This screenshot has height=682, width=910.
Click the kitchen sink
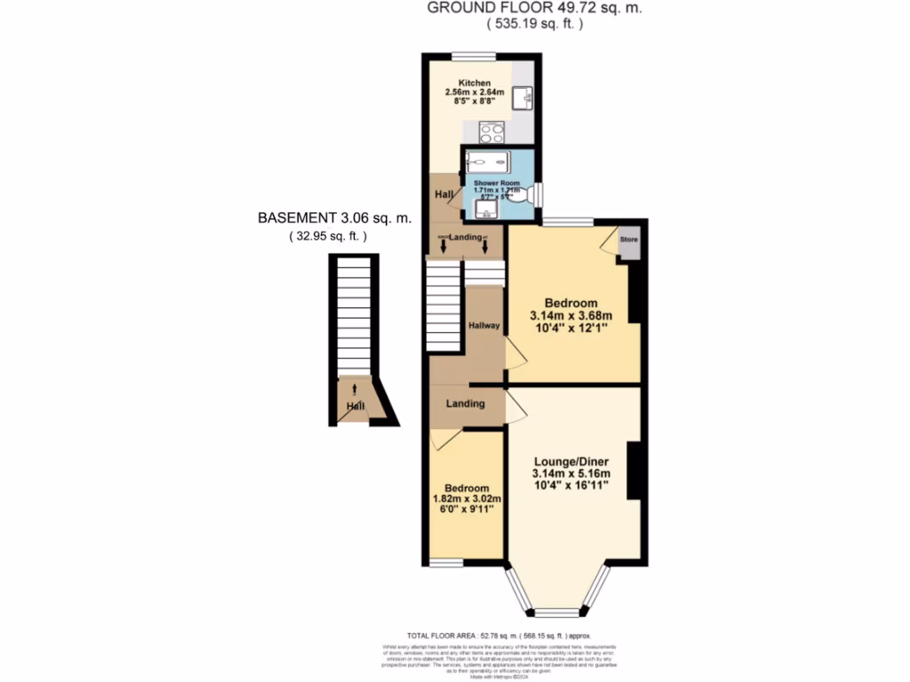(526, 96)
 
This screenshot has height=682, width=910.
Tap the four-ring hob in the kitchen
(491, 132)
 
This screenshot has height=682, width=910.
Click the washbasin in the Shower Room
(485, 210)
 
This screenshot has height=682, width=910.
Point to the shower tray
(488, 162)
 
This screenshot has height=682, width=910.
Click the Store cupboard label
(629, 240)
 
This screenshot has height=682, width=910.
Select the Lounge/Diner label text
(571, 461)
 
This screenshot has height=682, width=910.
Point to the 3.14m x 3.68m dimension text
(571, 316)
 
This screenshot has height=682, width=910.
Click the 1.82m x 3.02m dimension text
(467, 499)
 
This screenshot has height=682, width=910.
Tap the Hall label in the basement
(355, 407)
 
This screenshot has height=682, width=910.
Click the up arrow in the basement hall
(355, 388)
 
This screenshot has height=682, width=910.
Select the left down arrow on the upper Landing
(443, 246)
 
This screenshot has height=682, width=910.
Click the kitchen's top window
(467, 58)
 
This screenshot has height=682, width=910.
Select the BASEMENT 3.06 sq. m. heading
(334, 218)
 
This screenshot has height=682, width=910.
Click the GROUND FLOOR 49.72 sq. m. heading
(533, 8)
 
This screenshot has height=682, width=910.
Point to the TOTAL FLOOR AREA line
(498, 636)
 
